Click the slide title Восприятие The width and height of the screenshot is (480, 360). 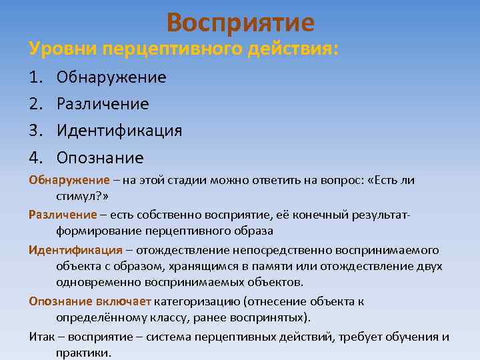coord(240,23)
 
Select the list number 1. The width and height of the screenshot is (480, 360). coord(35,77)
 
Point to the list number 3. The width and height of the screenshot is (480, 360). coord(35,131)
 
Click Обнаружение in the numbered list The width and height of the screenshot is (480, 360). coord(111,77)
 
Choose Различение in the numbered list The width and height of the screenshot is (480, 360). coord(103,104)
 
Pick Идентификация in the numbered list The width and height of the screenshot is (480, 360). coord(119,131)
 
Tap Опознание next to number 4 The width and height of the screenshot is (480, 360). coord(100,158)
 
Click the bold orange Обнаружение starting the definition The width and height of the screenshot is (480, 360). coord(69,181)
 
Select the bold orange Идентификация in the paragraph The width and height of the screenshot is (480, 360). coord(75,250)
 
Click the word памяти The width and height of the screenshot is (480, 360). coord(281,266)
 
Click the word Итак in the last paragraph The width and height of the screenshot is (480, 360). coord(41,336)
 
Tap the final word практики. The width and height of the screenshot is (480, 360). coord(84,353)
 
